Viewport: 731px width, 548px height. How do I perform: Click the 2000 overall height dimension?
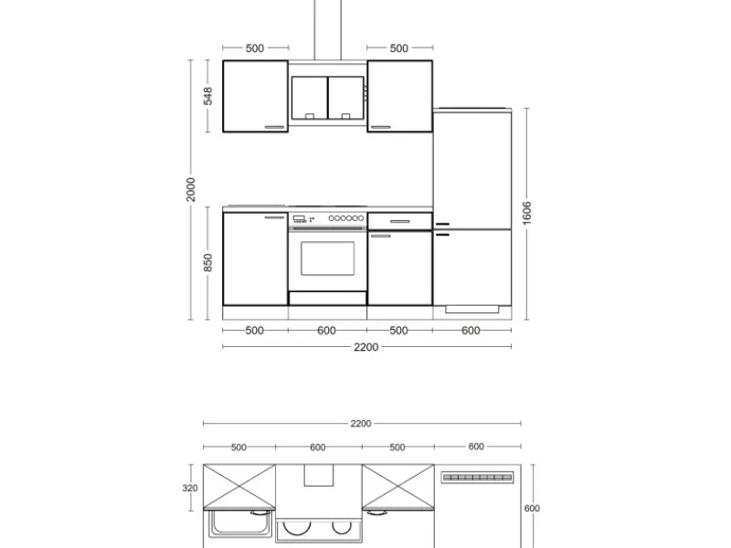[191, 189]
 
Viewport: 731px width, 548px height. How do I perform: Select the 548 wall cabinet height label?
[208, 96]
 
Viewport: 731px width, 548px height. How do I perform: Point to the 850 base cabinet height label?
[208, 263]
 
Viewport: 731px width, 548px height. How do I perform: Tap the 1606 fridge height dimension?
[527, 213]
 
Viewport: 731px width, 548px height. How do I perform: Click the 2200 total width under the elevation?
[366, 347]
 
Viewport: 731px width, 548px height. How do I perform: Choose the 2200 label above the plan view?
[361, 424]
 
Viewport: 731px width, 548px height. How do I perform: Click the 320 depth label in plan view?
[190, 488]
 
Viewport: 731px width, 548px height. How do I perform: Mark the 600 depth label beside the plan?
[532, 509]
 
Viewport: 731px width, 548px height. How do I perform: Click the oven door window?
[327, 258]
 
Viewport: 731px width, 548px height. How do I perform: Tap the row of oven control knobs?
[346, 218]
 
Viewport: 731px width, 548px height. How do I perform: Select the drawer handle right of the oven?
[400, 222]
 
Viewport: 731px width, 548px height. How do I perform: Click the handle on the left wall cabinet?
[275, 127]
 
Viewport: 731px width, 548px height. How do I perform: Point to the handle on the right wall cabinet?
[381, 127]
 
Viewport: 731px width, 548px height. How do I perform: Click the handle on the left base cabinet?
[274, 217]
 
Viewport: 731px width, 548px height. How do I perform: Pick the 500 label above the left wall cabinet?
[255, 48]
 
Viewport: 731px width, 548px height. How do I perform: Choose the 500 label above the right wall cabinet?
[399, 48]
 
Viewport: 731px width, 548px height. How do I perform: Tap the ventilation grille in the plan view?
[477, 478]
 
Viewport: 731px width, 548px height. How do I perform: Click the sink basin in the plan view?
[239, 523]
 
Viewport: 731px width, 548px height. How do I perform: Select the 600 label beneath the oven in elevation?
[326, 331]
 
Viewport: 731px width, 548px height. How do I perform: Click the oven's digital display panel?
[299, 218]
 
